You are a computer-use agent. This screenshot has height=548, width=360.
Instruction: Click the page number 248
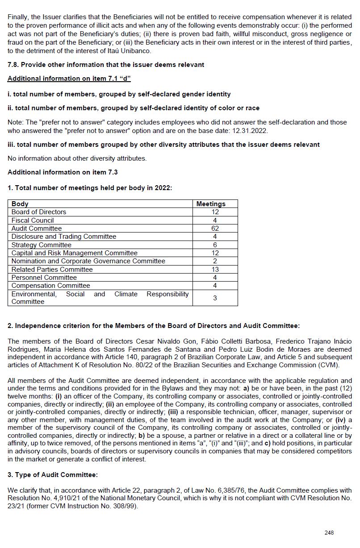tap(329, 533)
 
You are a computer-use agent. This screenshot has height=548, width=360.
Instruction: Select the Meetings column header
tap(211, 204)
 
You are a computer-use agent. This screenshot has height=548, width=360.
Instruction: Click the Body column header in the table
tap(20, 204)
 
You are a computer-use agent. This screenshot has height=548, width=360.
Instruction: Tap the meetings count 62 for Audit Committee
tap(215, 228)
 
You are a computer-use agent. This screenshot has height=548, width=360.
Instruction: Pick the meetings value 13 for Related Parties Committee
tap(215, 270)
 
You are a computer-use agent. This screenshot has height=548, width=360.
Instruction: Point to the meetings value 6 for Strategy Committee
tap(215, 245)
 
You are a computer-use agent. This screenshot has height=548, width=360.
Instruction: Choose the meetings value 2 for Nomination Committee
tap(215, 261)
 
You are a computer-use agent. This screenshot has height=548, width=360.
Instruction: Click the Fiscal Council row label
tap(33, 220)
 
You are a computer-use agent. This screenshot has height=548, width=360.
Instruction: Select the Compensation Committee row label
tap(50, 286)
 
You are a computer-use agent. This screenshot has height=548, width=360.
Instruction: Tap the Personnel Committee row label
tap(44, 278)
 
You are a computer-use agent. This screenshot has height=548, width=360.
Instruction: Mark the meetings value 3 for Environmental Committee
tap(215, 298)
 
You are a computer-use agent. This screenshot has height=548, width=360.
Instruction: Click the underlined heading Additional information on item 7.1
tap(69, 79)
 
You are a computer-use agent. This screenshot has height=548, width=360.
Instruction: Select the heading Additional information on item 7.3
tap(63, 172)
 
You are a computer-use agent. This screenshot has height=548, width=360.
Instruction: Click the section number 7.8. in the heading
tap(13, 65)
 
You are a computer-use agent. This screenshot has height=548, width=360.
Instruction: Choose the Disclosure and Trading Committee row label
tap(63, 237)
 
